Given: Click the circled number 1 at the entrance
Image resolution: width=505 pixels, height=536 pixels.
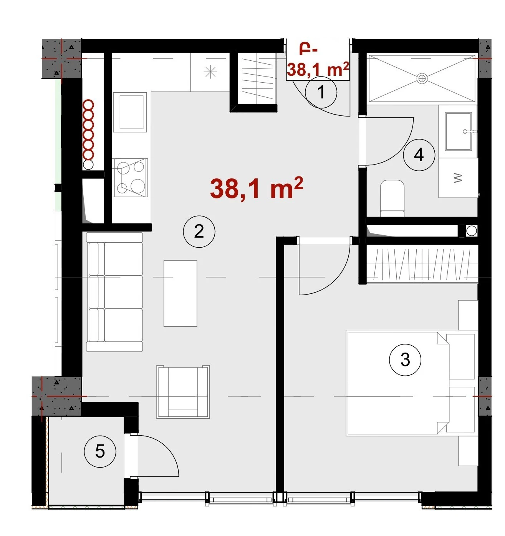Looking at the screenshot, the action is [321, 92].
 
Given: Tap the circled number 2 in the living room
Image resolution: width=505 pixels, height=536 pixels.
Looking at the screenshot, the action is [199, 231].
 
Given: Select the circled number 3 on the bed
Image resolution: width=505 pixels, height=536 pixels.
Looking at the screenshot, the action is [405, 360].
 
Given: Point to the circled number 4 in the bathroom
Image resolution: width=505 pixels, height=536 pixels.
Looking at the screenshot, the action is [419, 155].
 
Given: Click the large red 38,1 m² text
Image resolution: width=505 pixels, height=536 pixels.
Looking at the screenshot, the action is [257, 188].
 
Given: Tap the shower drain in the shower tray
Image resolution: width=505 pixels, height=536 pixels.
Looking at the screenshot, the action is [422, 78].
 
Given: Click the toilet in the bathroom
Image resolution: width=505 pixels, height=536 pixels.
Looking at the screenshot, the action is [392, 198].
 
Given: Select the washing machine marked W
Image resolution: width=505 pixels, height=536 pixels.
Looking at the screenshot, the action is [458, 178].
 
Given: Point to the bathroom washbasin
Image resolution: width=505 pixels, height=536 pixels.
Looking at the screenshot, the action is [459, 132].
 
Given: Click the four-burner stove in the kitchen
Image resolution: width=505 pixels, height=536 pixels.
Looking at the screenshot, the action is [130, 178].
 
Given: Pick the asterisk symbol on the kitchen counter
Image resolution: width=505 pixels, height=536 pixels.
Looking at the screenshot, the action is [210, 72].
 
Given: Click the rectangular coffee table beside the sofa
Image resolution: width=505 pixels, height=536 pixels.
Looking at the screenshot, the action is [180, 293].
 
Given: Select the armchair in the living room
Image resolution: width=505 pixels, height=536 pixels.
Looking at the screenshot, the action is [183, 392].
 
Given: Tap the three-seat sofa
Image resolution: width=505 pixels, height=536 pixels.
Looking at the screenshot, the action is [114, 292].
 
